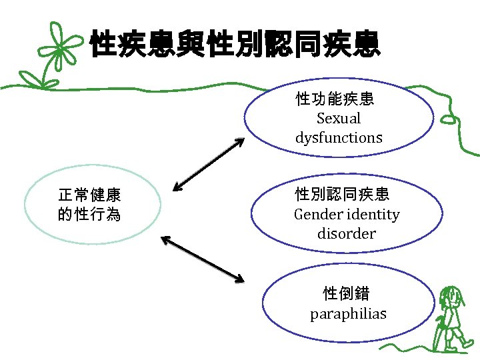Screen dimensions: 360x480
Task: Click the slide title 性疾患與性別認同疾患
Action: tap(235, 43)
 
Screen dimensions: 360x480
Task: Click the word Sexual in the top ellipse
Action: tap(339, 119)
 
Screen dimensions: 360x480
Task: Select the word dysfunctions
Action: tap(339, 138)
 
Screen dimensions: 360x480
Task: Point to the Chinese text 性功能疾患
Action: tap(335, 99)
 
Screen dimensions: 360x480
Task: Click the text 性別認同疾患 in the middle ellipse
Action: tap(342, 195)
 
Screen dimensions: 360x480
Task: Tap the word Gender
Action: tap(317, 215)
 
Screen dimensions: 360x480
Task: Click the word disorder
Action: tap(347, 234)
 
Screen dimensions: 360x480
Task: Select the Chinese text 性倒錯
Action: tap(346, 293)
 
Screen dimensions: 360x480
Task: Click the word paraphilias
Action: tap(348, 313)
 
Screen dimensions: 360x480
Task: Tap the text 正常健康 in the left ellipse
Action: tap(89, 195)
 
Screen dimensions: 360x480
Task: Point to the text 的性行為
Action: tap(89, 215)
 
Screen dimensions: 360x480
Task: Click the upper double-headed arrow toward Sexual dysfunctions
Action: tap(209, 164)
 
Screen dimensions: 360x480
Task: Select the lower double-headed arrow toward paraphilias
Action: tap(203, 257)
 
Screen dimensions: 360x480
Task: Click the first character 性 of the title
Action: tap(105, 43)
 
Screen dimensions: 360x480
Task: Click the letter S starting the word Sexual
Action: tap(321, 119)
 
